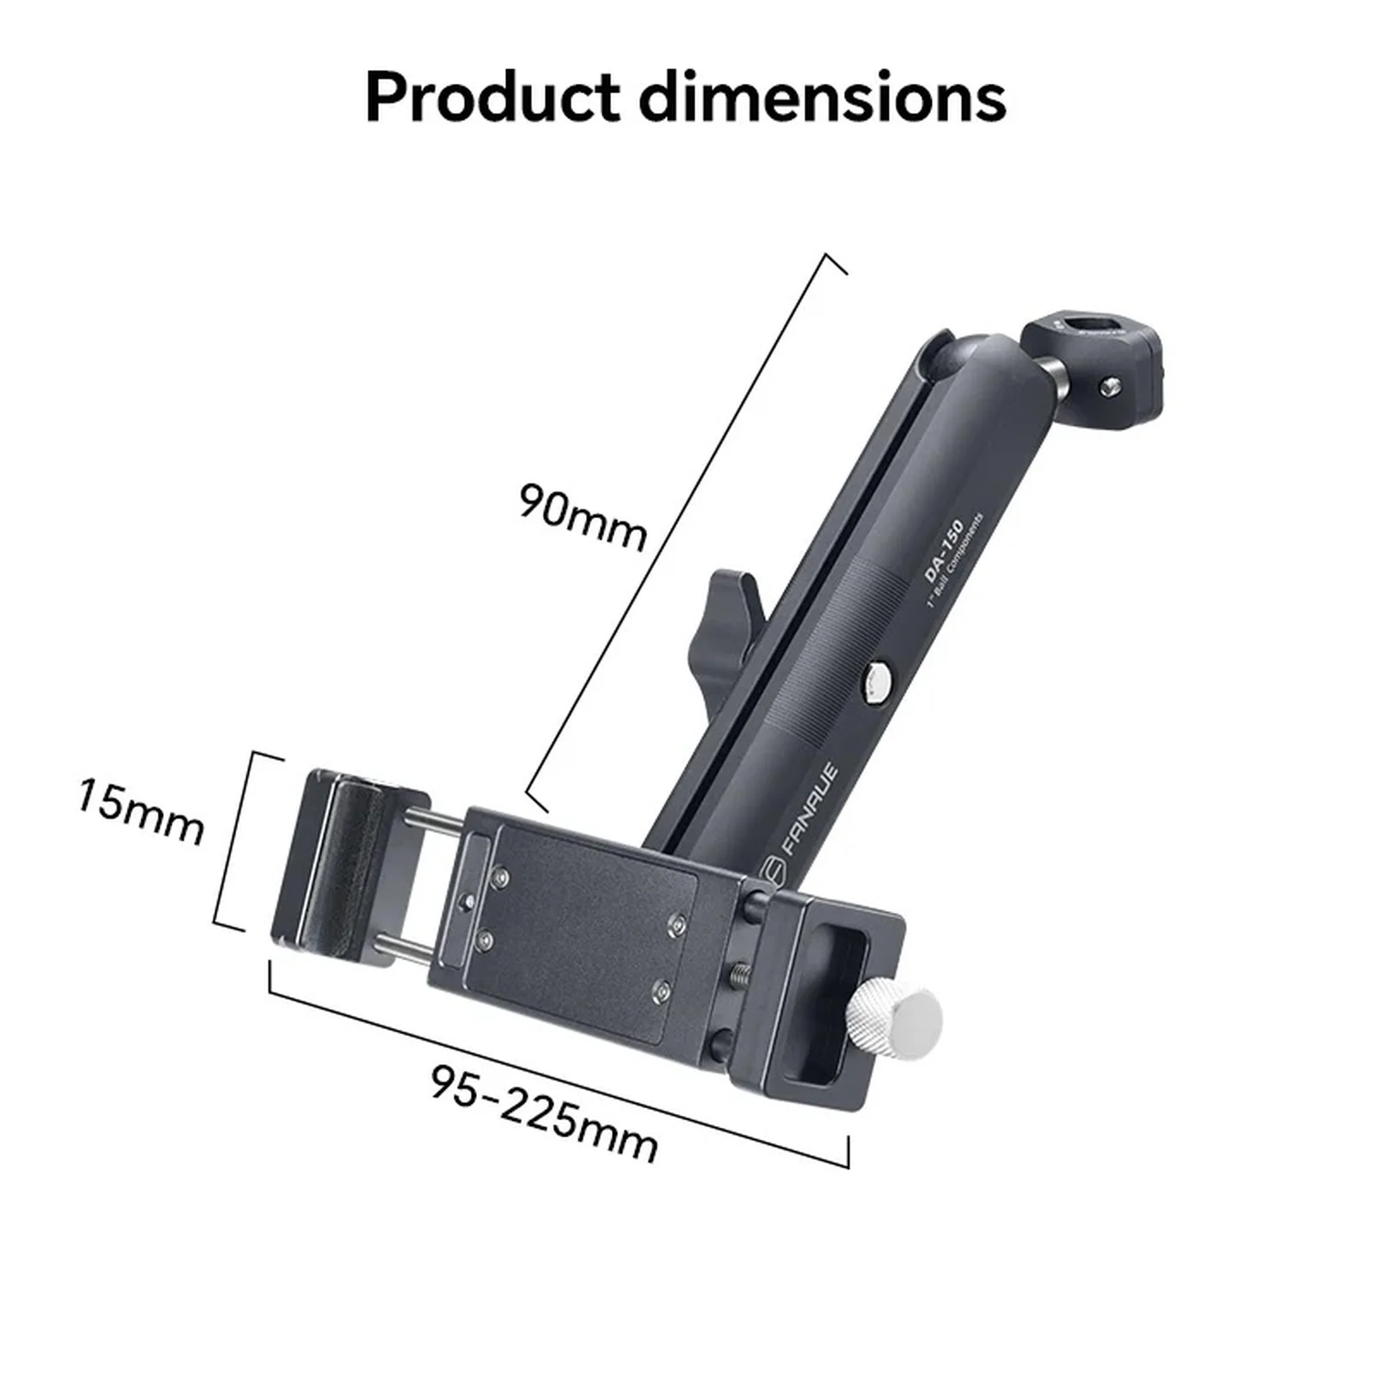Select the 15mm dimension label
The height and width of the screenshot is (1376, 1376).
140,812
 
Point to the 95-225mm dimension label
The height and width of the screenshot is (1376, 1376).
544,1115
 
